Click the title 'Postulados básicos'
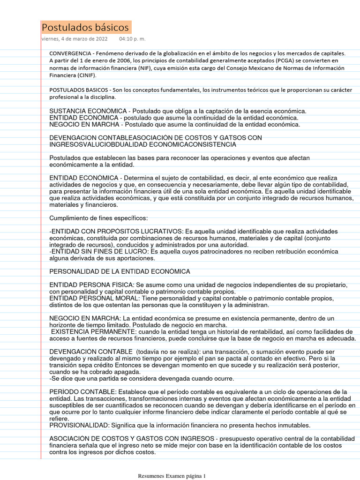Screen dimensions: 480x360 coord(85,27)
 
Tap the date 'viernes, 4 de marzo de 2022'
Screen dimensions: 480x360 coord(75,39)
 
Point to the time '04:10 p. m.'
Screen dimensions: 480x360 coord(132,39)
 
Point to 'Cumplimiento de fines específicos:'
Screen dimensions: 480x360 coord(98,218)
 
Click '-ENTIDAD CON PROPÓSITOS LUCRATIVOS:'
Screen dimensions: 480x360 coord(117,232)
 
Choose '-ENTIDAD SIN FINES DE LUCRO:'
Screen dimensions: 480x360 coord(99,252)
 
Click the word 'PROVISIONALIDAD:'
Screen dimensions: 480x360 coord(79,425)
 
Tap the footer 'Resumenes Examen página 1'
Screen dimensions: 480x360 coord(172,476)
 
